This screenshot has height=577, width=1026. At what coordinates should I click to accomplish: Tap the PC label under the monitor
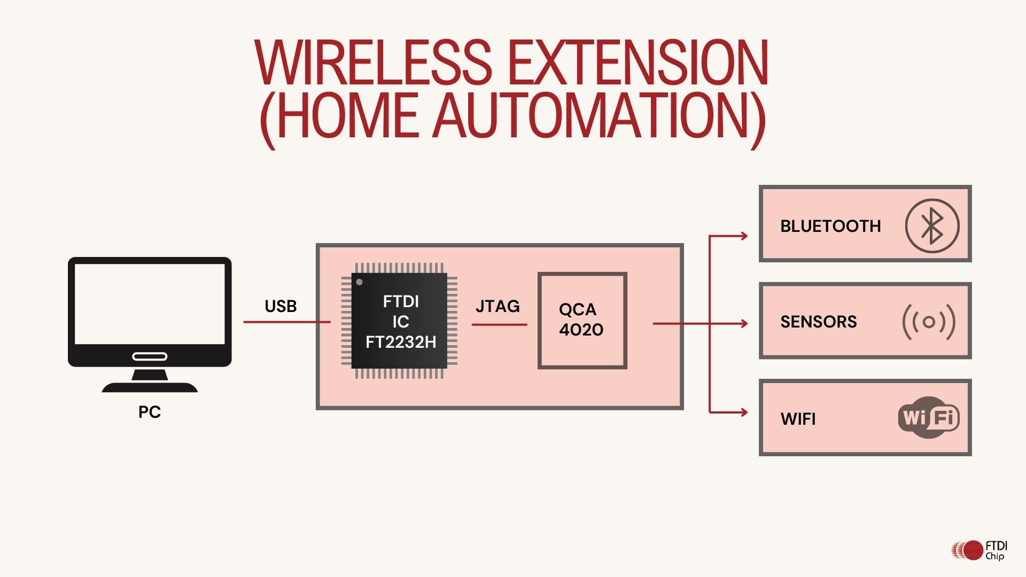point(150,412)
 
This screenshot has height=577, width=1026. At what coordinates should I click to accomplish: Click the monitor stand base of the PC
point(150,387)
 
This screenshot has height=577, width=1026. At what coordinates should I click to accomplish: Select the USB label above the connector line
point(281,306)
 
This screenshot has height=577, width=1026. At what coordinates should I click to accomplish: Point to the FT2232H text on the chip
point(401,342)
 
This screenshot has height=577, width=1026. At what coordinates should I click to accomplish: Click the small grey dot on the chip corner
point(360,282)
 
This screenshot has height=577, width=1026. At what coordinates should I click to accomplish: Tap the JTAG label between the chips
point(498,306)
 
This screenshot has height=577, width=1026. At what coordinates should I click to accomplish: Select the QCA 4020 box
point(582,321)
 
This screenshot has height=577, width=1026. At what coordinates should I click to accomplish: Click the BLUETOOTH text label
point(830,226)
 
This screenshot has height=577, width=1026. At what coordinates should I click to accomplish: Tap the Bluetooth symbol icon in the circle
point(932,226)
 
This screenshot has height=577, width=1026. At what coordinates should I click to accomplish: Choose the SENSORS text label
point(818,322)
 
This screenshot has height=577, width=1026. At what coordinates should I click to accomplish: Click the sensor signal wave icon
point(929,322)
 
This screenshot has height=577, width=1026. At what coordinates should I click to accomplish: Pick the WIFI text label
point(798,419)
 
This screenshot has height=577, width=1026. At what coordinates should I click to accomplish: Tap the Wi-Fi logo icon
point(929,417)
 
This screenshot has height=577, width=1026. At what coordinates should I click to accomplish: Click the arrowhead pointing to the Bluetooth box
point(743,236)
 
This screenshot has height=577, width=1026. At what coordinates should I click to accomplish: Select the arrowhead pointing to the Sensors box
point(743,323)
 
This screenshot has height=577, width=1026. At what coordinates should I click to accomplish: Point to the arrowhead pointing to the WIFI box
point(743,412)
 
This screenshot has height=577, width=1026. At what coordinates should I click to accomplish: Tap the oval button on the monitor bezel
point(150,356)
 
